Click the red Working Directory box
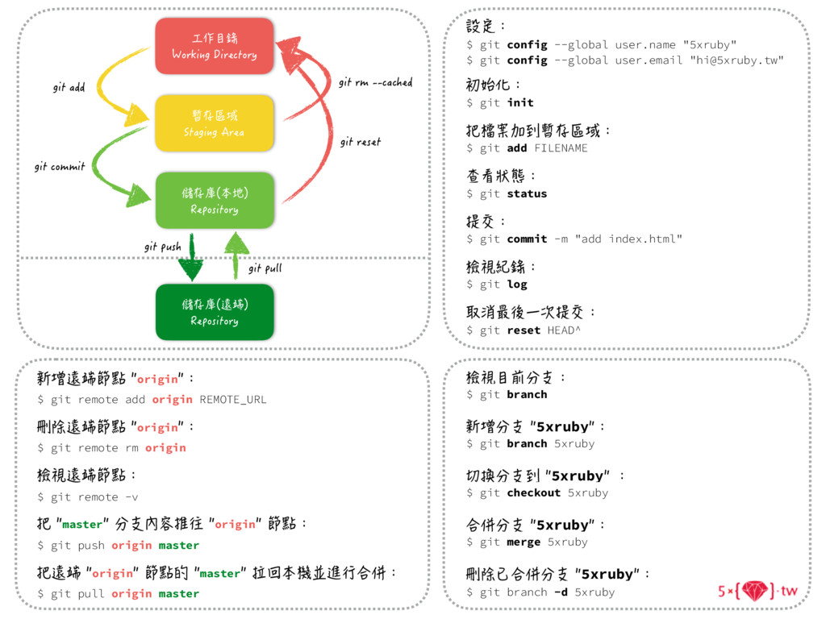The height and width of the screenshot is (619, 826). [214, 47]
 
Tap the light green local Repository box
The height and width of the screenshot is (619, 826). [214, 201]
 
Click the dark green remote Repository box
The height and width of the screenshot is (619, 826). [214, 312]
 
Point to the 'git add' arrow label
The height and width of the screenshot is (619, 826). [69, 87]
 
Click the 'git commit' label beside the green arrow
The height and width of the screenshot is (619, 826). [60, 167]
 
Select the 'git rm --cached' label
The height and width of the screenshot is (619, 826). [375, 82]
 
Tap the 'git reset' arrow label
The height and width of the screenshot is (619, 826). [360, 142]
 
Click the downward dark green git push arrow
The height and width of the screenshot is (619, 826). [191, 257]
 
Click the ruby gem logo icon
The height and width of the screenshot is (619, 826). [756, 591]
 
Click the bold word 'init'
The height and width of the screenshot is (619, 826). [520, 102]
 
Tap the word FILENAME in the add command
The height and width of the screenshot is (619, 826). [561, 148]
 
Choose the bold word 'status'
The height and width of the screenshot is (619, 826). [527, 193]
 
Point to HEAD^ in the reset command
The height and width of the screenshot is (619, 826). [564, 330]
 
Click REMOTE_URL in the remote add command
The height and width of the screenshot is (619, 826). [233, 399]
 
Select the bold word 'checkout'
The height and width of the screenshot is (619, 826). [533, 492]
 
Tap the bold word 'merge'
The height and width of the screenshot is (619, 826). [524, 542]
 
